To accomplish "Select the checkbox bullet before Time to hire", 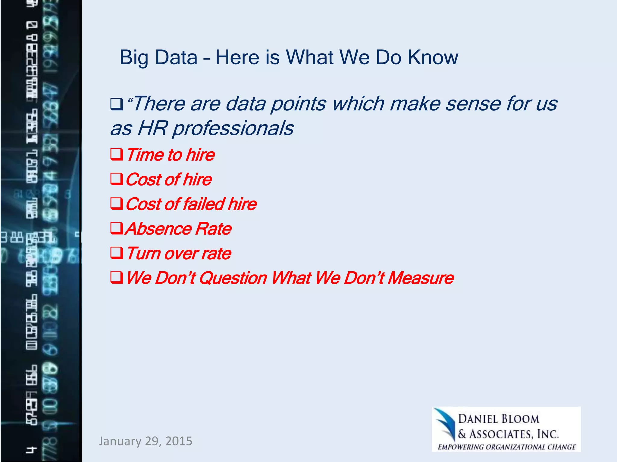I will point(117,155).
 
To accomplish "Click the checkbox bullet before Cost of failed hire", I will point(117,204).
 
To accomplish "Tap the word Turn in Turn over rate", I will point(143,253).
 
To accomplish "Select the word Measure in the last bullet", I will point(421,278).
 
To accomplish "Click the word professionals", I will point(233,128).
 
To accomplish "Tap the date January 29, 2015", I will point(145,441).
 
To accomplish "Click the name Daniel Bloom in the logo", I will point(498,419).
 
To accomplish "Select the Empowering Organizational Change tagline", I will point(507,447).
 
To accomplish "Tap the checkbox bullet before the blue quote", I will point(117,104).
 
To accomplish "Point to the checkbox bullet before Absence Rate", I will point(117,229).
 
